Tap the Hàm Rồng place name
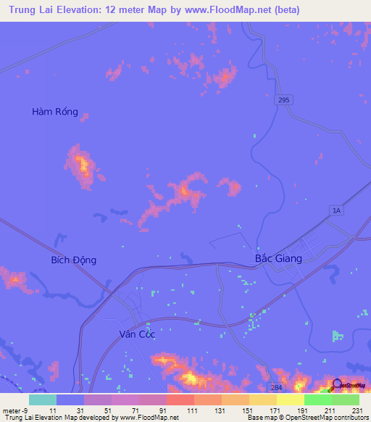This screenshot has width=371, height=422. [55, 112]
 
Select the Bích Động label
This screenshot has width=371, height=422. [73, 260]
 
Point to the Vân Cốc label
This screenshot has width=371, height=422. [137, 334]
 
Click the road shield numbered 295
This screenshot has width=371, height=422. [283, 100]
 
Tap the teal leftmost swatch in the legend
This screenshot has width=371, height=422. [42, 400]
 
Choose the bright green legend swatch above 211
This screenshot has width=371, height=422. [317, 400]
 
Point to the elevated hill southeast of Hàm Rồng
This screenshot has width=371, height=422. [83, 167]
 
